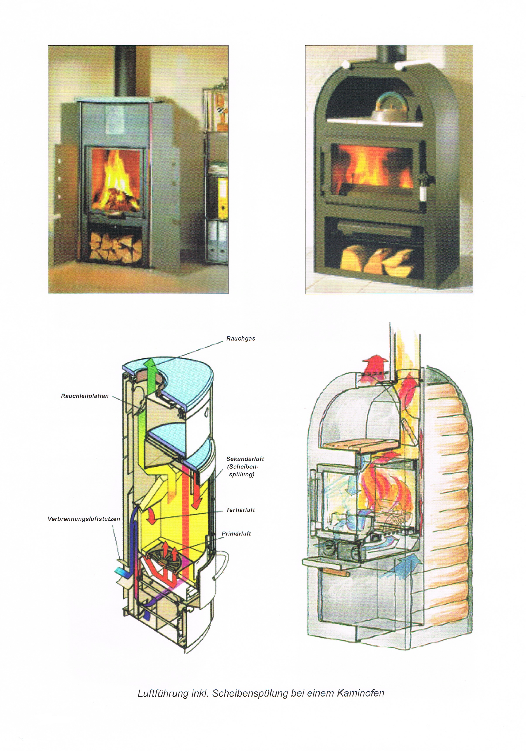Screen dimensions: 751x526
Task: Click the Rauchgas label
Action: [241, 339]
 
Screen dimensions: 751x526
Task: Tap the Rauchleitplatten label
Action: [85, 396]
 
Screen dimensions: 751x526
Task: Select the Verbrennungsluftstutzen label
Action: [84, 519]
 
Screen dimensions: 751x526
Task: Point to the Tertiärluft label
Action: [241, 510]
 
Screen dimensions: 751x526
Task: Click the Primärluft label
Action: [236, 534]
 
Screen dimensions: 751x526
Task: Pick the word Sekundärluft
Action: [245, 459]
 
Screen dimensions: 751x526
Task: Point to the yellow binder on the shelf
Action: [223, 198]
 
